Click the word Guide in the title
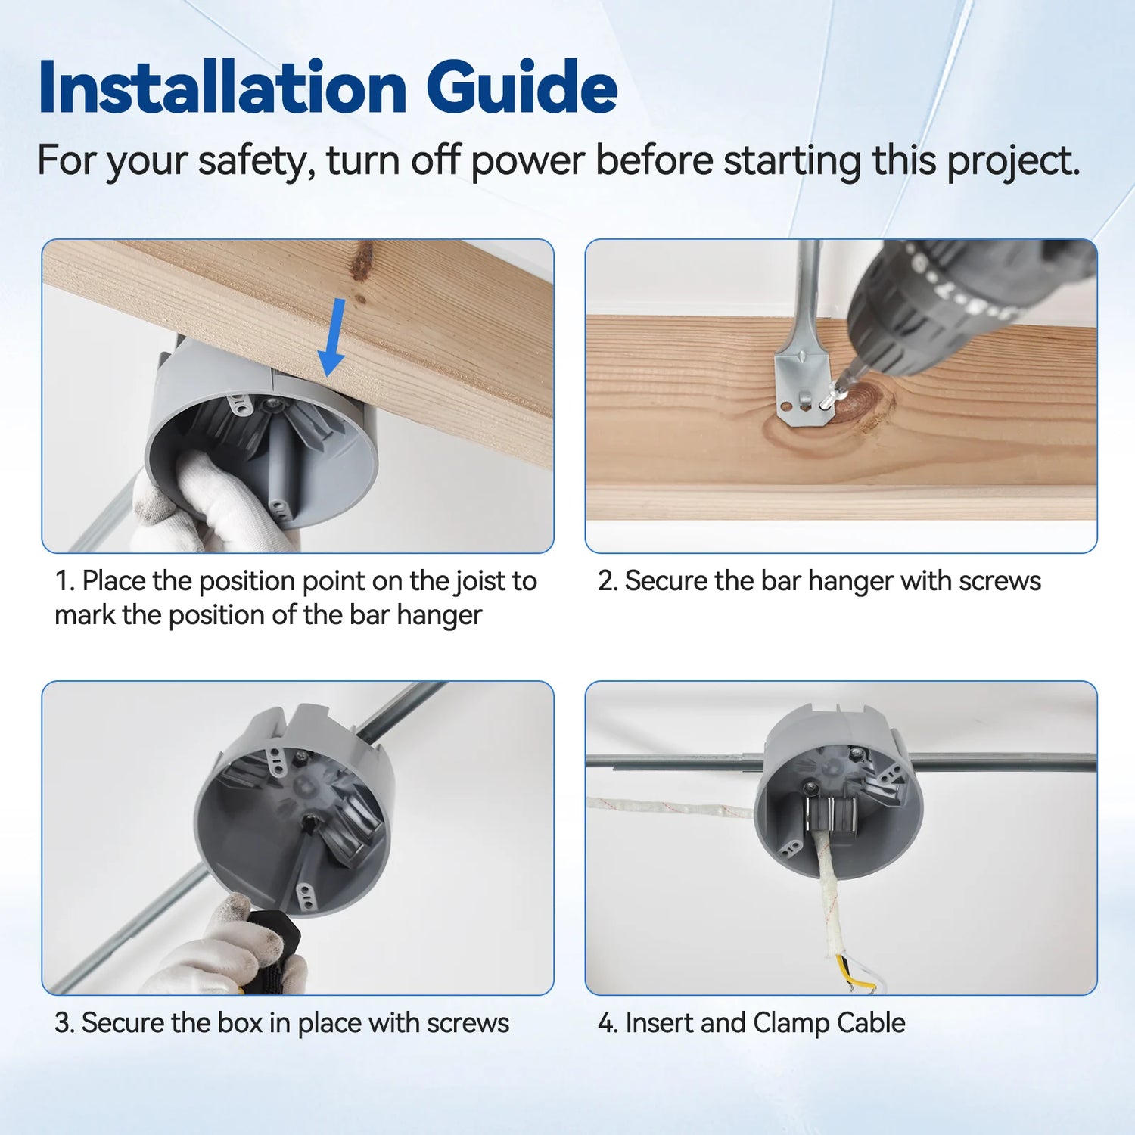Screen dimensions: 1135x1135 point(521,89)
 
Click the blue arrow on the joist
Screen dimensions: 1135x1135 point(332,337)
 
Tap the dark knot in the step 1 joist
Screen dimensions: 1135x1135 point(364,260)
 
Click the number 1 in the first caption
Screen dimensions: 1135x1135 point(63,581)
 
